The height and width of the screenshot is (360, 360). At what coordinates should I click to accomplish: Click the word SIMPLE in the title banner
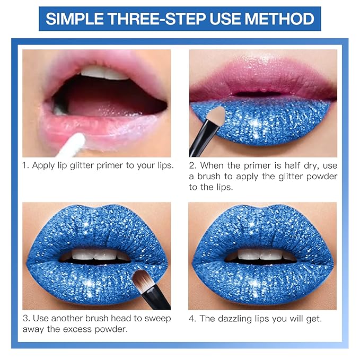click(x=75, y=19)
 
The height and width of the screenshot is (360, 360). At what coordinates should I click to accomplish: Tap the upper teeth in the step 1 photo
click(x=104, y=72)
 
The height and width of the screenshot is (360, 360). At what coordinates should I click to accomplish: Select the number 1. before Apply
click(x=25, y=165)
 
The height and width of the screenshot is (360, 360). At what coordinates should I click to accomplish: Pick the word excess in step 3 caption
click(x=77, y=330)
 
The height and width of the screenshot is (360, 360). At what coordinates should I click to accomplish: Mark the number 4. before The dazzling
click(x=192, y=319)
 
